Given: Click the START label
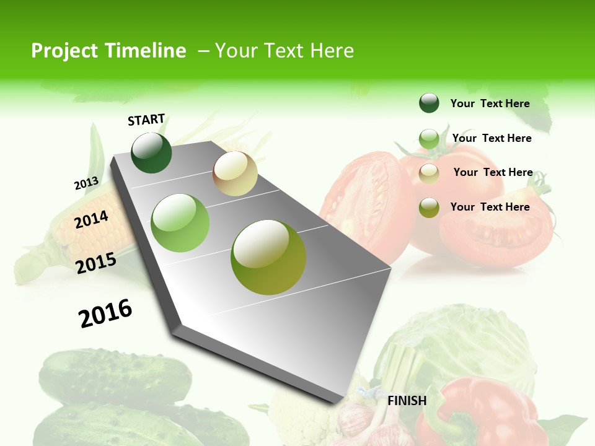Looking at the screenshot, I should [146, 120].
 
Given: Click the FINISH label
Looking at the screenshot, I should [407, 401].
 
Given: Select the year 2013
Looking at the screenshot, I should [86, 183].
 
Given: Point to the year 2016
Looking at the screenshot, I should [105, 313].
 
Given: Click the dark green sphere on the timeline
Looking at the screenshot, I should [151, 153].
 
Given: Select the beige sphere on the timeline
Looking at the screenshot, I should [235, 173].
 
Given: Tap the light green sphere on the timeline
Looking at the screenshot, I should [180, 223].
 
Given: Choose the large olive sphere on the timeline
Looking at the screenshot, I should [268, 257].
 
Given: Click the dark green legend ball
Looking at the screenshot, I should [429, 103].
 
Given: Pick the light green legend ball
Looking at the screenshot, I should [429, 139].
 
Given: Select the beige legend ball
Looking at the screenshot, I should [429, 173].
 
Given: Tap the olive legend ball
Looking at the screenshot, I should [429, 208].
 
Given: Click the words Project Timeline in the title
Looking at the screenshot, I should [108, 51].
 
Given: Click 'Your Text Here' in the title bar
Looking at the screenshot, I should [284, 51].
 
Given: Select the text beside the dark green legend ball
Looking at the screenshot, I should [490, 103].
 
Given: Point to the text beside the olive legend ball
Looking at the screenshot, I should [490, 207].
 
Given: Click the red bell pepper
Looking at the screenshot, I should [490, 412].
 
